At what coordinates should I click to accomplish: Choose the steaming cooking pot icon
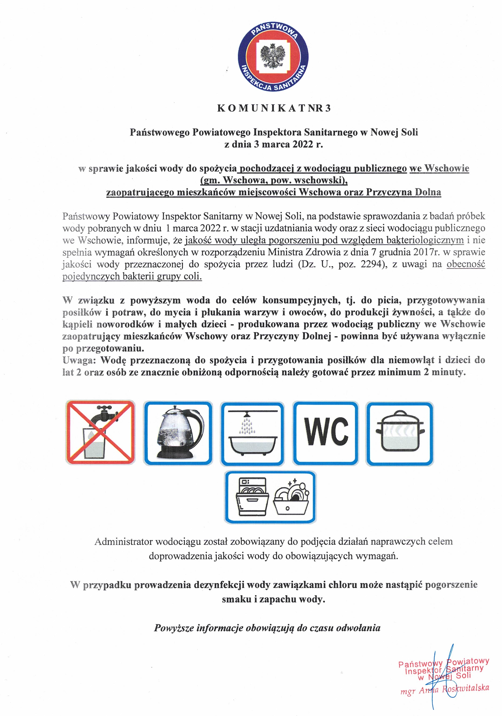400,434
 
